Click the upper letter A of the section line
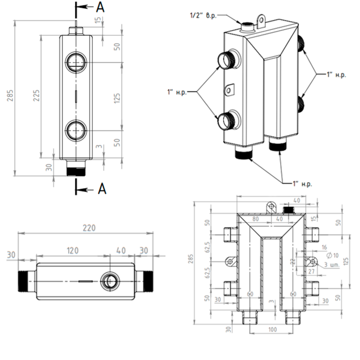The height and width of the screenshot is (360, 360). [101, 7]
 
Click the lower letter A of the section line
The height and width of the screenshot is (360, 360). [102, 189]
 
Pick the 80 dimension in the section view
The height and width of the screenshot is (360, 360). [255, 219]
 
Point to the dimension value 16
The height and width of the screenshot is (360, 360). [324, 247]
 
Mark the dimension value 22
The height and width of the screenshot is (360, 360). [291, 261]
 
